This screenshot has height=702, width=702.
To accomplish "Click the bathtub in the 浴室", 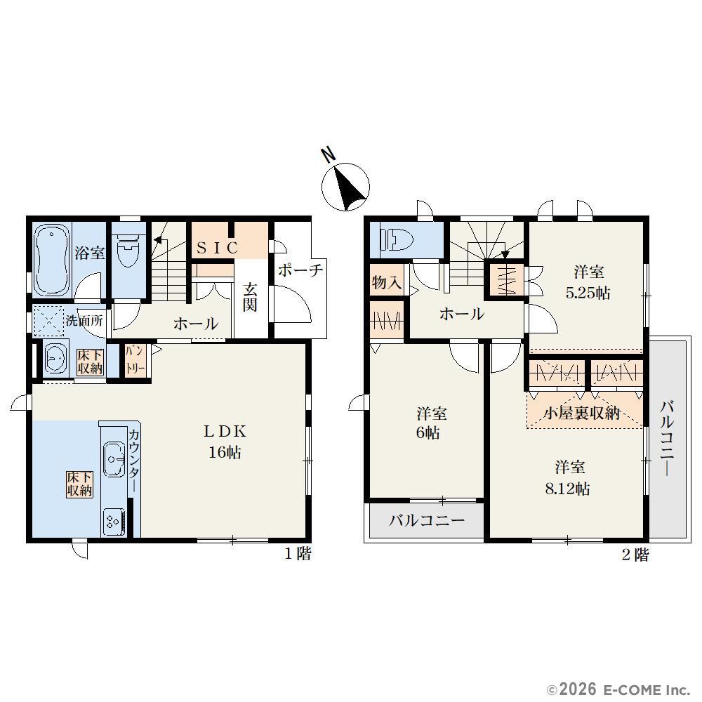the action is click(53, 260).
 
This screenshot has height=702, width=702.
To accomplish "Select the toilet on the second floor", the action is click(396, 239).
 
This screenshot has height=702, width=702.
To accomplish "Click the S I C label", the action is click(218, 248).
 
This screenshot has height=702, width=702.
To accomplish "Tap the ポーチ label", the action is click(301, 270).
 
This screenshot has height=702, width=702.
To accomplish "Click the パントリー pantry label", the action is click(135, 360).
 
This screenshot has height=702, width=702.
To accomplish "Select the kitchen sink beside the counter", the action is click(114, 459).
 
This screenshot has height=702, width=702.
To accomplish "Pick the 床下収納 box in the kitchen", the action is click(80, 484).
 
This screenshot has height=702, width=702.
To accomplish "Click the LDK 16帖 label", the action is click(225, 442).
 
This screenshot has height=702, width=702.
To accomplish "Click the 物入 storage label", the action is click(387, 282).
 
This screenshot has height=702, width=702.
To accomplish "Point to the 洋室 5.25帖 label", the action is click(588, 282).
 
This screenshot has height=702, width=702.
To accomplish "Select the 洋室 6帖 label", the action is click(432, 423).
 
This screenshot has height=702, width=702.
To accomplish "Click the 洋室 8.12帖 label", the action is click(568, 477).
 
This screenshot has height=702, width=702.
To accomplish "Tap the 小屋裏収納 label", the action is click(582, 413).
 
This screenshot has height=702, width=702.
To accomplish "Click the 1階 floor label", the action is click(298, 554).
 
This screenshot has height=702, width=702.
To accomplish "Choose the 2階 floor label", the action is click(635, 555).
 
